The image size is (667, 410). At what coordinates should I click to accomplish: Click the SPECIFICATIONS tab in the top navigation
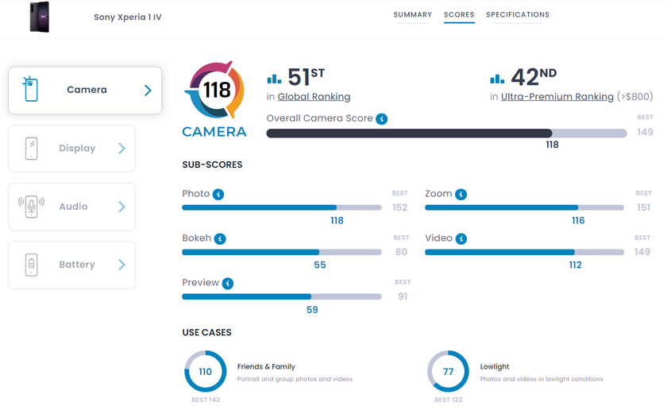tap(518, 15)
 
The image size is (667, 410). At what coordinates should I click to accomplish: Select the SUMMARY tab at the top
tap(413, 15)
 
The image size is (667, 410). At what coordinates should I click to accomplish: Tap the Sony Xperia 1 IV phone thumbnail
tap(39, 17)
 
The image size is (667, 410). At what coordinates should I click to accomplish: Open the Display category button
tap(71, 149)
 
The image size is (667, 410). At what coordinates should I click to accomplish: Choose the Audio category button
tap(71, 207)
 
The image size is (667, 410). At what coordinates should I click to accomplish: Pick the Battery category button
tap(71, 265)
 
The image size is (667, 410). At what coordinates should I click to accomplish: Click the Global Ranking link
tap(314, 97)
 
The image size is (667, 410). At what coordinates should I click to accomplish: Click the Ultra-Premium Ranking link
tap(557, 97)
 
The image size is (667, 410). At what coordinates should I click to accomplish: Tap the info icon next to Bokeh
tap(220, 238)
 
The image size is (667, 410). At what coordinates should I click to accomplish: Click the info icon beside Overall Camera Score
tap(382, 118)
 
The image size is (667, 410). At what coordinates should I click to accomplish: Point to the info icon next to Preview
tap(228, 283)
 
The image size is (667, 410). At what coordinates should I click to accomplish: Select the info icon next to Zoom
tap(461, 194)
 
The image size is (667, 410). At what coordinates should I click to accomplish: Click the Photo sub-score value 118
tap(337, 220)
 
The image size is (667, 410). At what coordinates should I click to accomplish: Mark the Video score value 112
tap(574, 265)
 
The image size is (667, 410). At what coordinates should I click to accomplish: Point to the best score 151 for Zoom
tap(643, 208)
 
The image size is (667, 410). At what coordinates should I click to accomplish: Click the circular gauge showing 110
tap(206, 371)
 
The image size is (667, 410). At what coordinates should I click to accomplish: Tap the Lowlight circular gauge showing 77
tap(448, 371)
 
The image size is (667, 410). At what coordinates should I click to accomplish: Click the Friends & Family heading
tap(266, 366)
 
